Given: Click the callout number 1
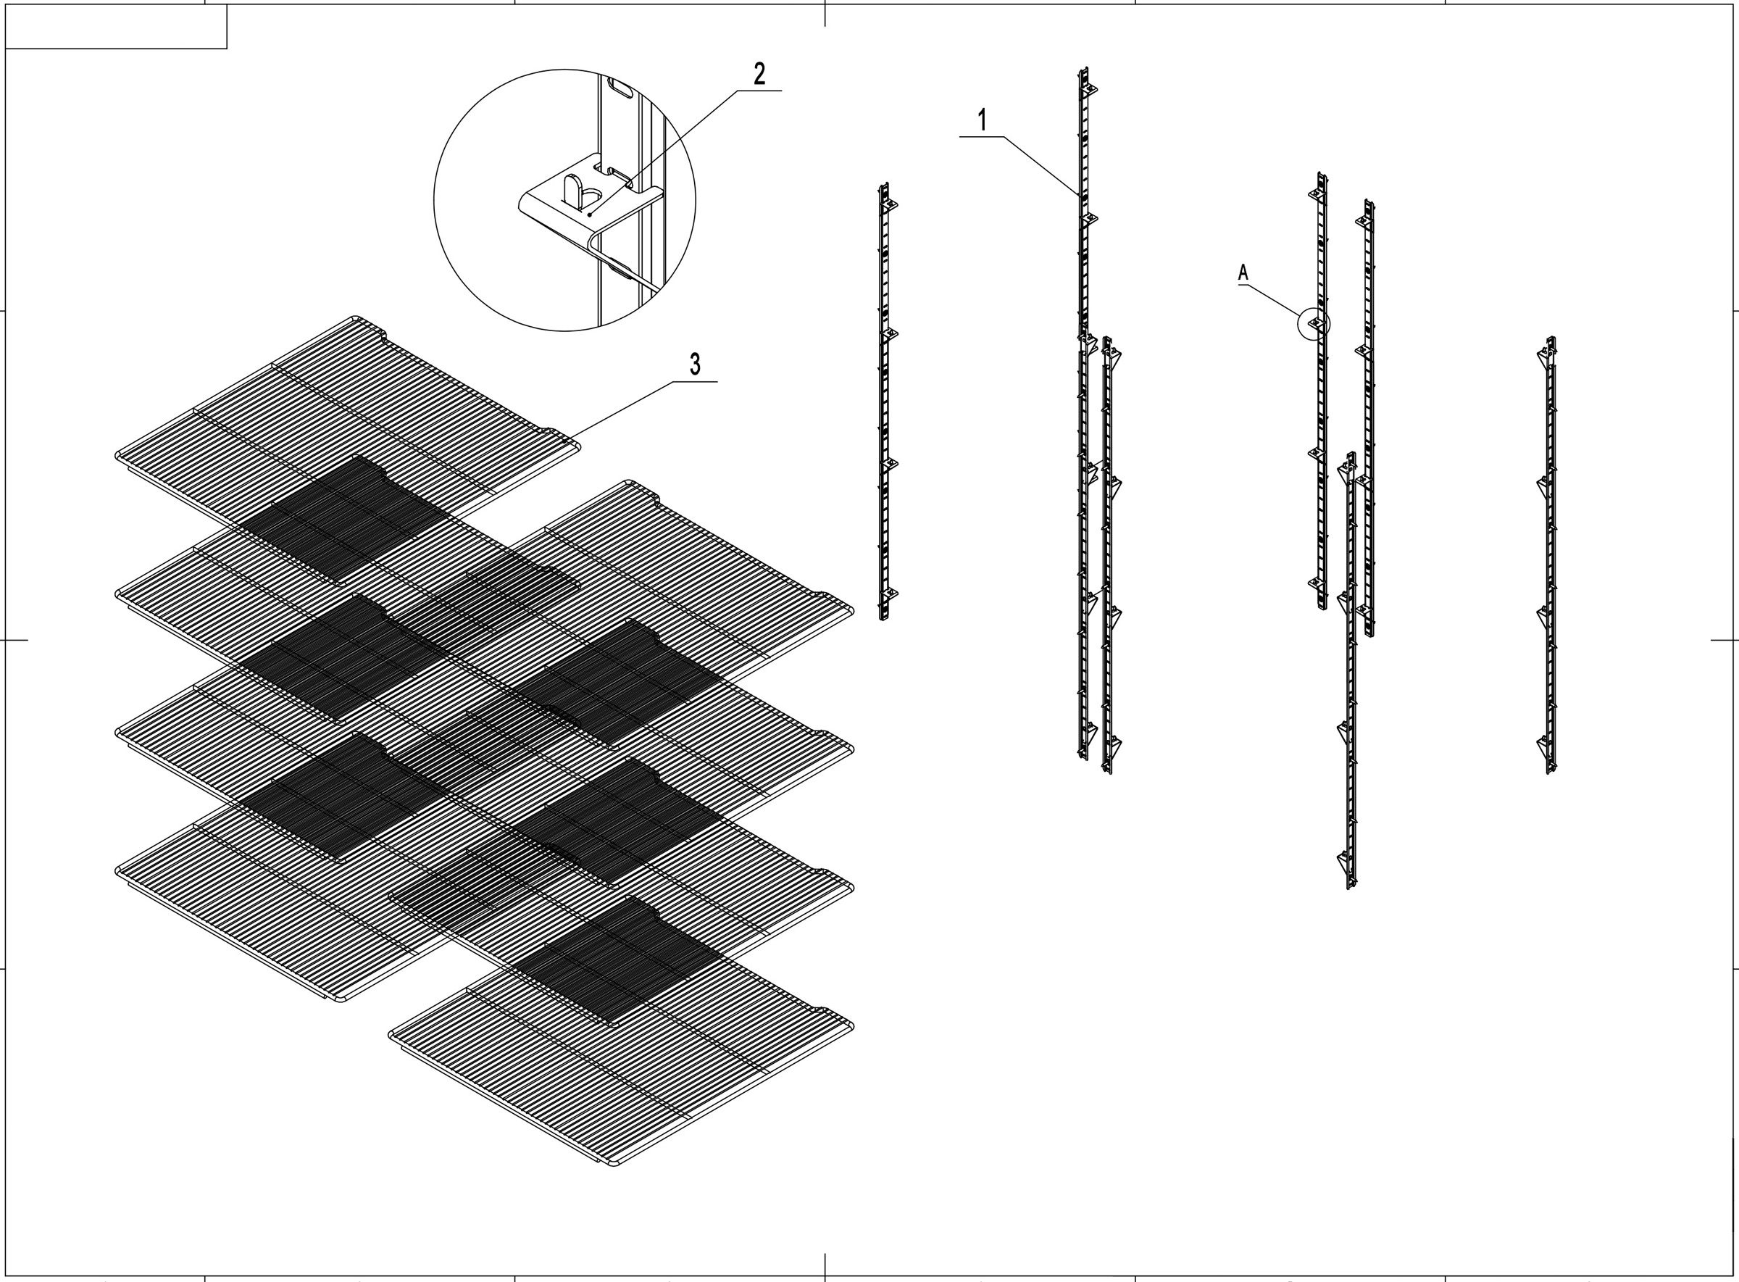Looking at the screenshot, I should [982, 121].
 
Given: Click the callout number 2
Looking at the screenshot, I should [759, 74].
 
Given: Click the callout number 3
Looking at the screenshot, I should [695, 364].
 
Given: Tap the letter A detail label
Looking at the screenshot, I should [1243, 272].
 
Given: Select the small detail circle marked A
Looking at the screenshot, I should [1314, 325].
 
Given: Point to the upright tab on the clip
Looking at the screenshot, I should [571, 190].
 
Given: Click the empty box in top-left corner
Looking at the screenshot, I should [116, 26].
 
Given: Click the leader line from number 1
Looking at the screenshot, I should [1040, 164].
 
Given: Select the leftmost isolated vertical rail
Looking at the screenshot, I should [884, 404].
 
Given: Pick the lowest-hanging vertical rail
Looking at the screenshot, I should [1350, 675].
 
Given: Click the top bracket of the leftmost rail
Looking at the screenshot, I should [889, 204].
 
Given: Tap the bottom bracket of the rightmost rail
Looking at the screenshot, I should [1545, 746].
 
